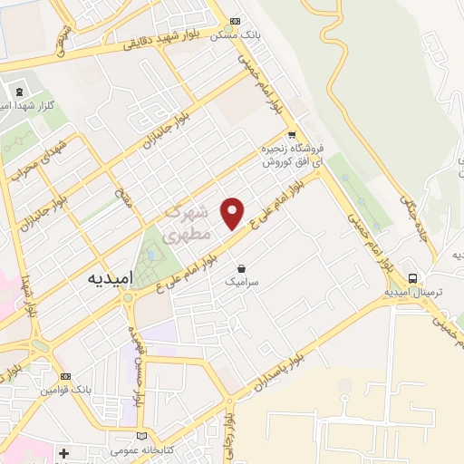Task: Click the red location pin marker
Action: click(233, 211)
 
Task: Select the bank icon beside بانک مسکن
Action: click(236, 21)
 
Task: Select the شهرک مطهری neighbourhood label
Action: click(188, 223)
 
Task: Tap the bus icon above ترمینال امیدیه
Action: click(413, 278)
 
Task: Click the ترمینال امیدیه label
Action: click(412, 292)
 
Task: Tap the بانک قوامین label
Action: click(63, 391)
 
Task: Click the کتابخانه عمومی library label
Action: click(136, 450)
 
